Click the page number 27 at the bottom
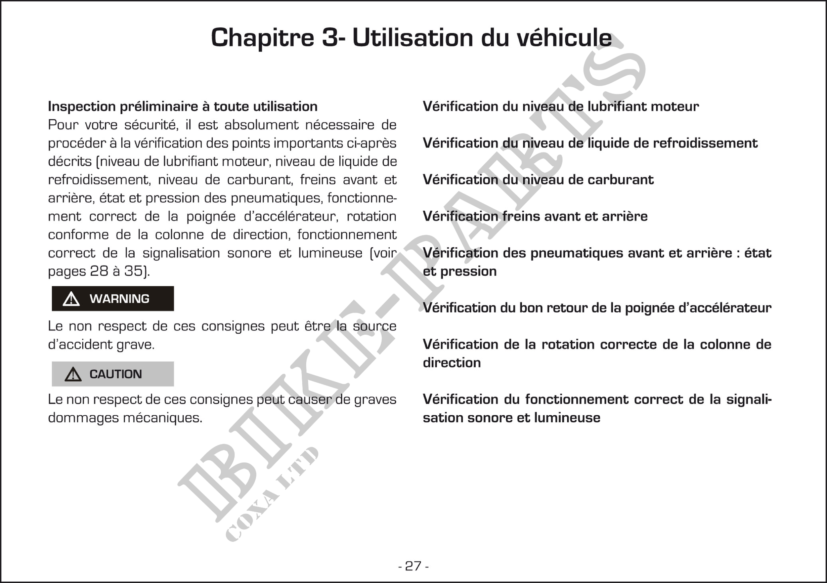click(413, 566)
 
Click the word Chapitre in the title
click(262, 37)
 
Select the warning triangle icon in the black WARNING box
click(71, 299)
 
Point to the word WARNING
click(119, 299)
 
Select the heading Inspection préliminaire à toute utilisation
click(183, 106)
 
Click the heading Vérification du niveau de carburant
click(538, 180)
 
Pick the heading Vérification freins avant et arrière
click(535, 216)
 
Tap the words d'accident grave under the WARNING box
click(101, 345)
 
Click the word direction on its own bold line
click(451, 363)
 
